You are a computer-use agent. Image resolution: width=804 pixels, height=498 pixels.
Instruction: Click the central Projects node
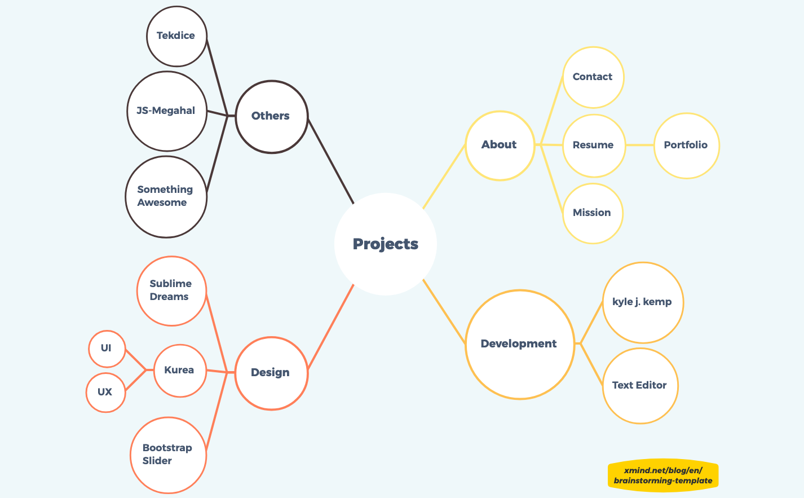tap(386, 244)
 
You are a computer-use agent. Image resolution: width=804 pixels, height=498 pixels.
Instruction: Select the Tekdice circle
tap(176, 36)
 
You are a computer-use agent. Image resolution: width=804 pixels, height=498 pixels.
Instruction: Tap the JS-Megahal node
tap(167, 111)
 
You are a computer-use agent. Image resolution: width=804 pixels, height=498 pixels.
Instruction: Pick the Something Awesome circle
tap(166, 197)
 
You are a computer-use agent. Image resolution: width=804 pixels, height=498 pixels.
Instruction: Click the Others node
tap(272, 117)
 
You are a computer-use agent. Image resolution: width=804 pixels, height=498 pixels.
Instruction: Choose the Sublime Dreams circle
tap(171, 291)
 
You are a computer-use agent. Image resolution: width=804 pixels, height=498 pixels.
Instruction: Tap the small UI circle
tap(107, 349)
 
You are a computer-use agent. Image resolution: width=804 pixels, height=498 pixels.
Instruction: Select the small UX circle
tap(106, 393)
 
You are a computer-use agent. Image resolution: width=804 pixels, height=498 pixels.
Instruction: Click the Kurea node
tap(180, 371)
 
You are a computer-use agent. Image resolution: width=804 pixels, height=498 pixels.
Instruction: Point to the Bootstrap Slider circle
tap(169, 455)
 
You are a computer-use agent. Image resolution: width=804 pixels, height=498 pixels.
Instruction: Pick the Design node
tap(272, 373)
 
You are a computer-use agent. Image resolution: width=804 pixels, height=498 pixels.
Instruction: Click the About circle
tap(500, 146)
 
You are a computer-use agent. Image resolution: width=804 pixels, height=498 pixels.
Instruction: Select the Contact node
tap(593, 77)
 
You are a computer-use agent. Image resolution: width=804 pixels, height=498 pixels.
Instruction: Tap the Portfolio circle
tap(687, 146)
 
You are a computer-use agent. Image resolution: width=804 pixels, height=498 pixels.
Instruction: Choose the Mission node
tap(593, 213)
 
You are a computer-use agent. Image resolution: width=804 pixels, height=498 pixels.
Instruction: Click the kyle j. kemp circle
tap(643, 302)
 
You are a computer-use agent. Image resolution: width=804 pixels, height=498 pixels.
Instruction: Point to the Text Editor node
tap(640, 386)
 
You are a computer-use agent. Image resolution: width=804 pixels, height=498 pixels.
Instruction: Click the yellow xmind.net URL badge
tap(663, 475)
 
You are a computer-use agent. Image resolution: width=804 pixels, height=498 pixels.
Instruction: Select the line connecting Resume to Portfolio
tap(639, 145)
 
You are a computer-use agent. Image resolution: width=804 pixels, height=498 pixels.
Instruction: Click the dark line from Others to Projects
tap(331, 161)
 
